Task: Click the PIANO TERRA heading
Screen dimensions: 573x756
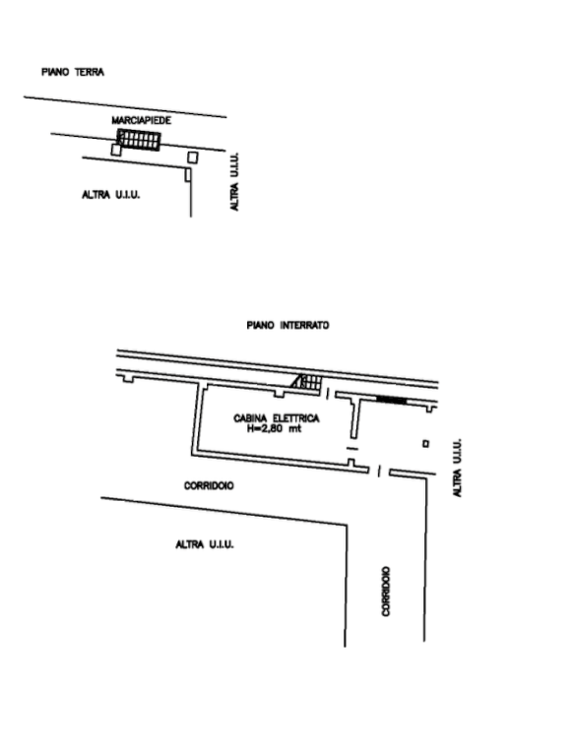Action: coord(73,72)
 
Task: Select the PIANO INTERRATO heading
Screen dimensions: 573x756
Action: coord(287,326)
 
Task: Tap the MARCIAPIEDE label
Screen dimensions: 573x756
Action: coord(142,120)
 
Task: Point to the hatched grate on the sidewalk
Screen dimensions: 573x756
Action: coord(139,141)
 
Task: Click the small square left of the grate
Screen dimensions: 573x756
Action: coord(116,150)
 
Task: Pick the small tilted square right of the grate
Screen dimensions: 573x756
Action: coord(193,157)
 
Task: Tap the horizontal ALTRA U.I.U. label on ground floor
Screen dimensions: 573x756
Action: coord(111,195)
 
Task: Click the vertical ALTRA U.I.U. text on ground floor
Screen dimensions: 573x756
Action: coord(235,182)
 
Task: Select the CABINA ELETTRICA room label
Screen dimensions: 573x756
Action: coord(277,418)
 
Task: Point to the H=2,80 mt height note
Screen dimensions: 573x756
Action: coord(274,428)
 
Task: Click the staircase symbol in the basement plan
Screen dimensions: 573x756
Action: coord(306,382)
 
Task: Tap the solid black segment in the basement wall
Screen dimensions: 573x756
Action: coord(391,400)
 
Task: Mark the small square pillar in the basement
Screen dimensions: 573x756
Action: coord(426,444)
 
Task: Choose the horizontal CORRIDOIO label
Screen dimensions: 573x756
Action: coord(209,485)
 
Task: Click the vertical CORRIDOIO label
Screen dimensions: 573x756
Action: coord(386,591)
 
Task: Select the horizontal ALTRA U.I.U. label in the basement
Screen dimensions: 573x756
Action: coord(205,544)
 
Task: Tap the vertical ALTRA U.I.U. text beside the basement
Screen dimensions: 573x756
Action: coord(458,468)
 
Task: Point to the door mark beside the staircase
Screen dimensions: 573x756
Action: coord(328,394)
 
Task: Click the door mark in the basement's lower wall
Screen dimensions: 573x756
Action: coord(379,472)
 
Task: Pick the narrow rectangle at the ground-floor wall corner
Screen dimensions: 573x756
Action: coord(188,175)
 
